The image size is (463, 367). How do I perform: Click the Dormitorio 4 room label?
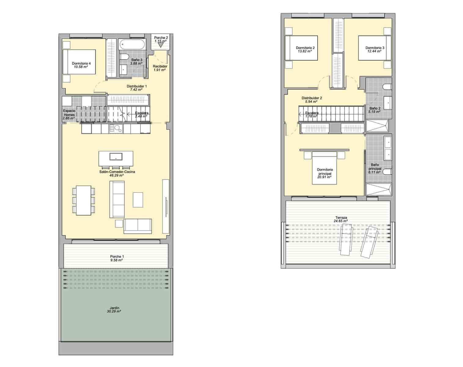[x=81, y=63]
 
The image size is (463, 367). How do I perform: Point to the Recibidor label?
[x=160, y=66]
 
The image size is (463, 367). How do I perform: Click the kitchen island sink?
[x=116, y=157]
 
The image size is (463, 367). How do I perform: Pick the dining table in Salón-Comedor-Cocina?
[x=83, y=200]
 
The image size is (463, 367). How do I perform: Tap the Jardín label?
[x=115, y=308]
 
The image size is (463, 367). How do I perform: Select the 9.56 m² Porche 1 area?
[x=116, y=260]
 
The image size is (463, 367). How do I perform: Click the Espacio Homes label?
[x=69, y=113]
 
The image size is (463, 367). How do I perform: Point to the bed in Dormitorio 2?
[x=301, y=48]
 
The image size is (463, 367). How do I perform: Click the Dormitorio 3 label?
[x=375, y=48]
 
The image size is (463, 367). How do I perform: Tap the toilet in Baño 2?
[x=387, y=87]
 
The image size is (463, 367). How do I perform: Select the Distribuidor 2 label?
[x=312, y=98]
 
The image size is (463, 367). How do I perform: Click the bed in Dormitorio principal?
[x=324, y=168]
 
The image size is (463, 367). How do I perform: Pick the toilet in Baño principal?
[x=387, y=171]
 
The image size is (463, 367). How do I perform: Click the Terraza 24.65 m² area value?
[x=341, y=221]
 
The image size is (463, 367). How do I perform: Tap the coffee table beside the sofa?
[x=138, y=199]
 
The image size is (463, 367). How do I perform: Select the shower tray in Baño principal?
[x=378, y=189]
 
